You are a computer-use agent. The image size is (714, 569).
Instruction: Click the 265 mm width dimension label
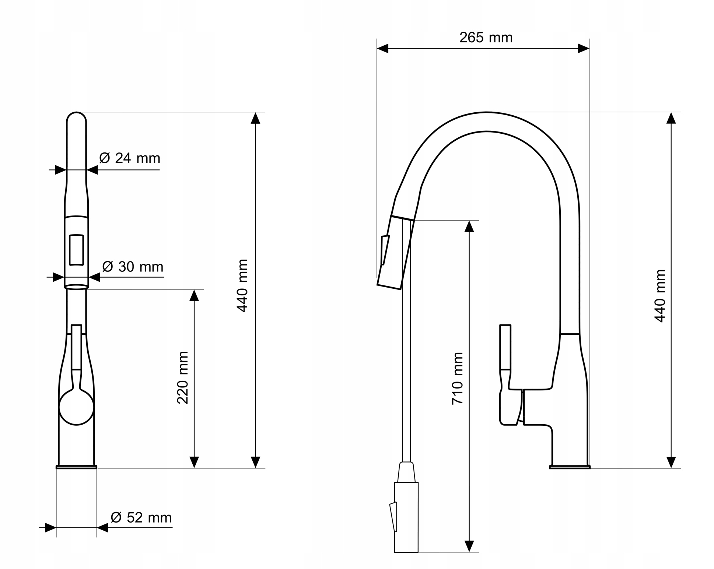click(486, 38)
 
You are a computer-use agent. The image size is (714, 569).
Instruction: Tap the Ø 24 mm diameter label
click(130, 158)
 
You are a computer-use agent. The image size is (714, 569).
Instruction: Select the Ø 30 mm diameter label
click(133, 267)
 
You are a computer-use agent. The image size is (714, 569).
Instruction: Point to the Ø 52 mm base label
click(141, 517)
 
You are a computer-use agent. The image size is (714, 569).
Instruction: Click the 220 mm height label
click(183, 377)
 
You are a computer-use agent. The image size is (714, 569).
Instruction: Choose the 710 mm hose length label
click(457, 378)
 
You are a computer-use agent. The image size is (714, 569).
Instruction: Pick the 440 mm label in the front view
click(242, 285)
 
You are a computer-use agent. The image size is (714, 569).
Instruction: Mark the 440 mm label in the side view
click(660, 296)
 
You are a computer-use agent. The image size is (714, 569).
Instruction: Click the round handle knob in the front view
click(77, 408)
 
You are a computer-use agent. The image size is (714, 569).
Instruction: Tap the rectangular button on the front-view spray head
click(76, 250)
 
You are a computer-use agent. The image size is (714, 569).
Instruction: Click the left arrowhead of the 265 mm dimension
click(383, 48)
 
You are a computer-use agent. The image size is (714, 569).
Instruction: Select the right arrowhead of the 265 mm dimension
click(584, 48)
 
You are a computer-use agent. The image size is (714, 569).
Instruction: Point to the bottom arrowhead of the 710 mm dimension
click(469, 546)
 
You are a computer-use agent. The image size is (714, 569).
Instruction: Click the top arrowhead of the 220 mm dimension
click(194, 295)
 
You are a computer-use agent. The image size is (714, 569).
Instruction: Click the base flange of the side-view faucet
click(570, 467)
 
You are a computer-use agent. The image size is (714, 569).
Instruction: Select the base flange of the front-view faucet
click(76, 467)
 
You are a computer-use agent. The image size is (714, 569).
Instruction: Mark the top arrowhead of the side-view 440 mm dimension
click(671, 118)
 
